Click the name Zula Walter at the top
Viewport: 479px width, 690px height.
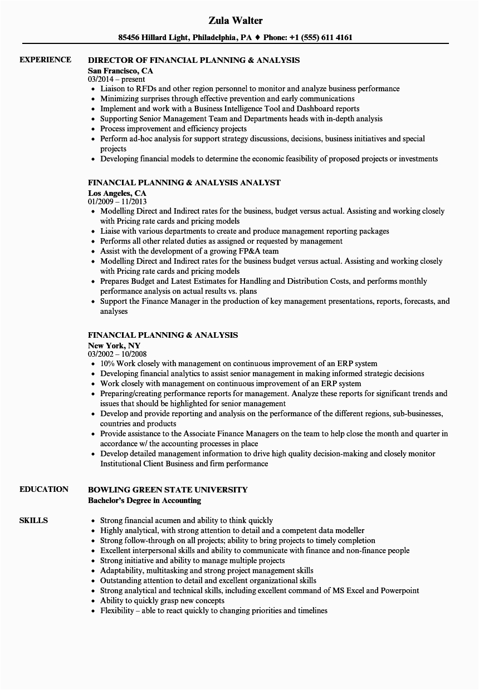coord(236,21)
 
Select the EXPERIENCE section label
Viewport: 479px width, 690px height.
coord(45,60)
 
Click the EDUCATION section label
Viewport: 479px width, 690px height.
coord(44,489)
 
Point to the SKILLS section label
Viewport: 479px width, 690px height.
coord(33,520)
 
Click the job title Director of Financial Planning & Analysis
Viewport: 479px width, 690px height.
coord(194,60)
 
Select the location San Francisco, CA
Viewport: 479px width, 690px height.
coord(120,71)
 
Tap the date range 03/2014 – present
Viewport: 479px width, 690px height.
coord(116,80)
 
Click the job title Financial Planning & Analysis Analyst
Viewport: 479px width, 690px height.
coord(184,183)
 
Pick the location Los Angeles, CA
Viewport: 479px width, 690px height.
coord(117,193)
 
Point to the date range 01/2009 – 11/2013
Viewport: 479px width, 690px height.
coord(118,202)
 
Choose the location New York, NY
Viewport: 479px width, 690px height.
coord(114,346)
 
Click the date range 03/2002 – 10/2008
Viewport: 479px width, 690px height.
coord(118,354)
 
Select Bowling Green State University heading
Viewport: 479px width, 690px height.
coord(168,490)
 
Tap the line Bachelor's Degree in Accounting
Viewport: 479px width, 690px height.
coord(145,500)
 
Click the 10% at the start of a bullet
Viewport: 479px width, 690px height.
coord(107,363)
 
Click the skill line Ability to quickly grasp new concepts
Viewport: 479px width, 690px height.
coord(162,600)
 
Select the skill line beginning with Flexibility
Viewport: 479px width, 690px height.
coord(213,610)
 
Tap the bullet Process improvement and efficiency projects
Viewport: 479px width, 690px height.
coord(173,129)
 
